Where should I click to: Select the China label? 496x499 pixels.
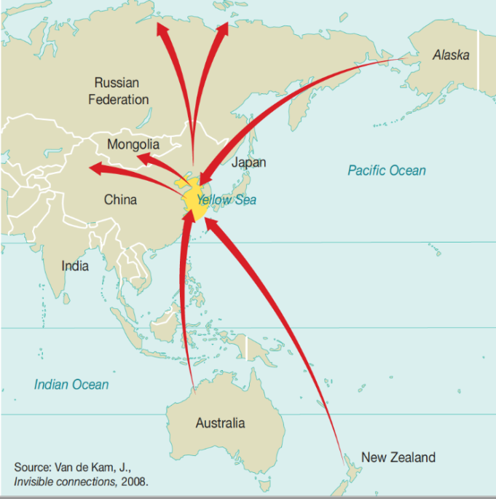tap(120, 199)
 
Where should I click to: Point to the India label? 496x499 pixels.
tap(75, 266)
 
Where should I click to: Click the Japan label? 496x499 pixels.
tap(248, 162)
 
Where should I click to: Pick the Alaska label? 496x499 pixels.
tap(451, 55)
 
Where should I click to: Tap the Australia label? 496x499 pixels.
tap(220, 423)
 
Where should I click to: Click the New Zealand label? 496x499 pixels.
tap(398, 457)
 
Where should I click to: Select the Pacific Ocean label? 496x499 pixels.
tap(386, 170)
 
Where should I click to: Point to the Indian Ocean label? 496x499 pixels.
tap(71, 385)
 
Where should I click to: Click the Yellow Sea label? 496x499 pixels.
tap(227, 199)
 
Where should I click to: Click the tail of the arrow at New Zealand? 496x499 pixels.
tap(342, 464)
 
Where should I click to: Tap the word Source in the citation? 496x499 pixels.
tap(32, 466)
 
